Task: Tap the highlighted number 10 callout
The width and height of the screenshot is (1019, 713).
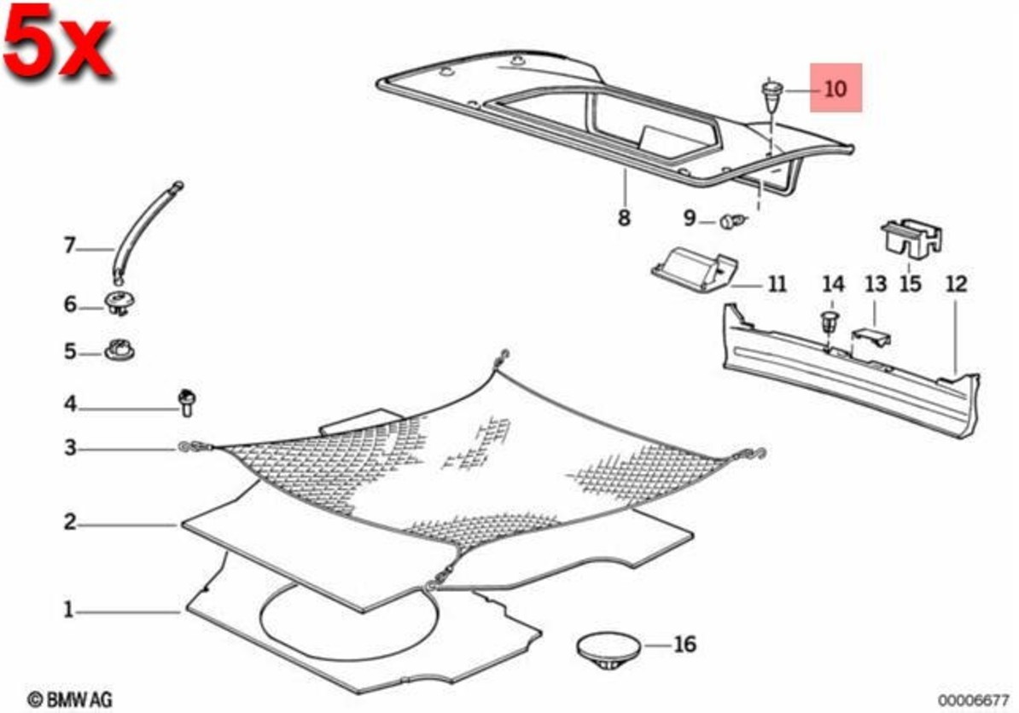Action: coord(836,88)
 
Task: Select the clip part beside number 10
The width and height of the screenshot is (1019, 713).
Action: coord(771,95)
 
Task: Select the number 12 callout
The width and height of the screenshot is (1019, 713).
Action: coord(956,284)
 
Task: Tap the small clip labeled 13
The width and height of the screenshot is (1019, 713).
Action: coord(871,336)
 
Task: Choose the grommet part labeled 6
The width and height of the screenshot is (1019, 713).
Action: coord(120,303)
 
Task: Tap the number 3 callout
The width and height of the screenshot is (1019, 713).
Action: coord(70,447)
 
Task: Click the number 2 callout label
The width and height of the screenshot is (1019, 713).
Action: coord(70,522)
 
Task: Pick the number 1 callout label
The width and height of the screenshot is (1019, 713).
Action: coord(69,610)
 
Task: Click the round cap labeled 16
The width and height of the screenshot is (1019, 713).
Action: coord(608,648)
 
